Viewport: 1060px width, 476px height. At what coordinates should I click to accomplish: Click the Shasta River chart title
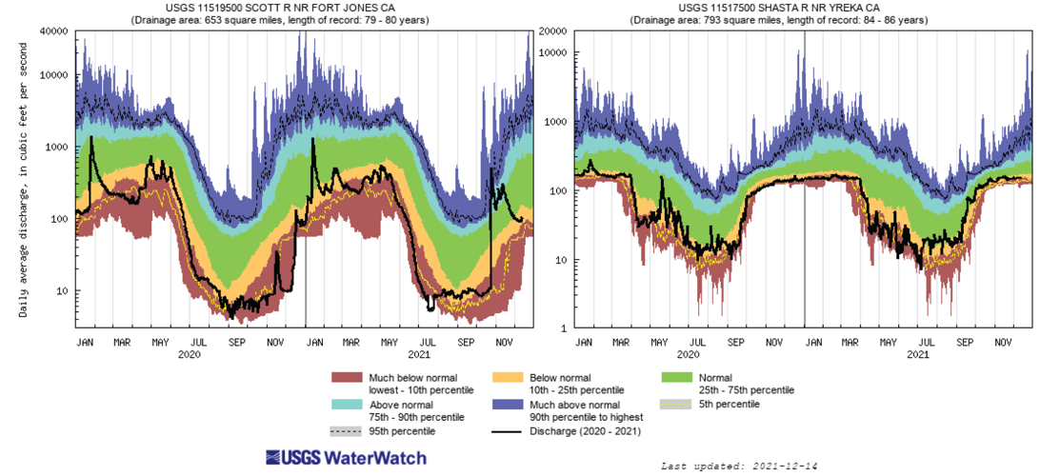[804, 9]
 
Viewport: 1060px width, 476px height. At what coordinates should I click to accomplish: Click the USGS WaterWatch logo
[346, 458]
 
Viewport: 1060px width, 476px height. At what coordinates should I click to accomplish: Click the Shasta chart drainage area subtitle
[804, 19]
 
